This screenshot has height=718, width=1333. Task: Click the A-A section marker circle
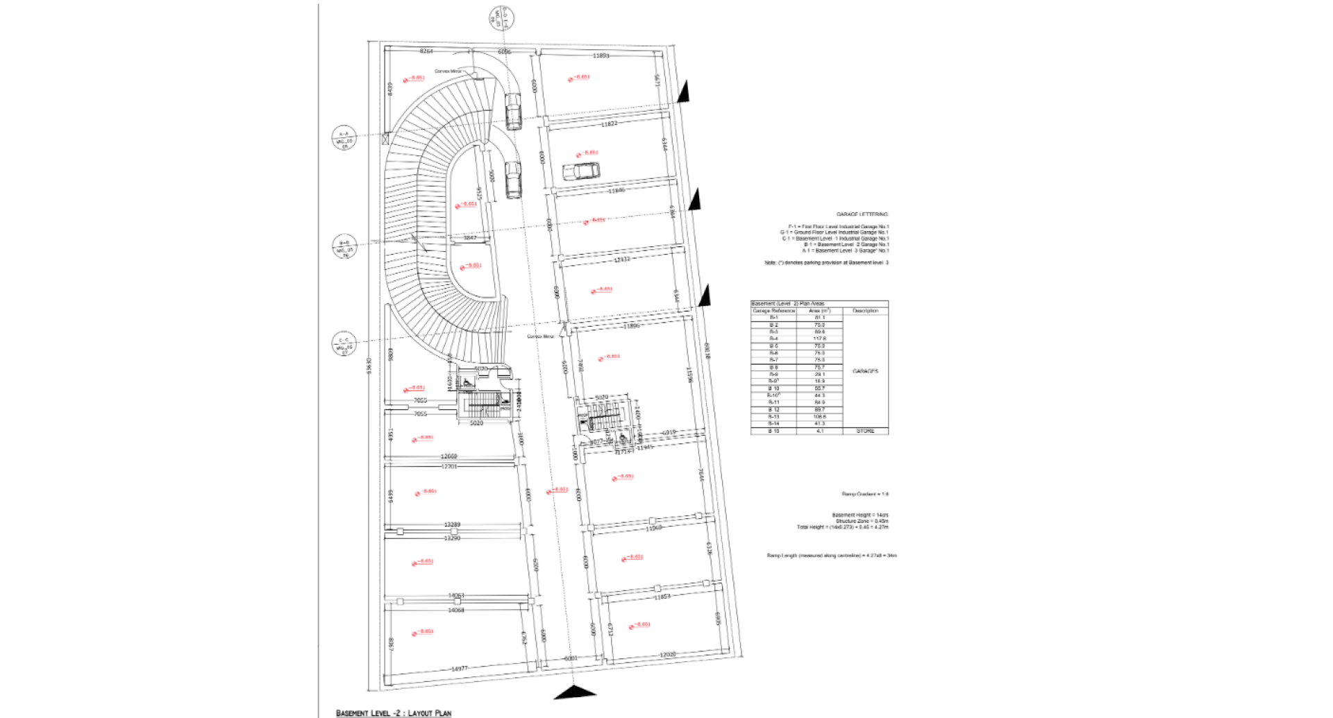344,138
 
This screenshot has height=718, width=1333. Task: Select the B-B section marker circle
344,247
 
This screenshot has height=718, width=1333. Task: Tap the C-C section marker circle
344,345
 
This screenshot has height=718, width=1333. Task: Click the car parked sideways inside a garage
581,170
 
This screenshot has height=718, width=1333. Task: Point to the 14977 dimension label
459,669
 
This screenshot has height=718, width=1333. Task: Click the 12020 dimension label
667,654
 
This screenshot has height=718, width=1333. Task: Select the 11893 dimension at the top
601,55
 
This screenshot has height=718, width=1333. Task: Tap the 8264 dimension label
426,51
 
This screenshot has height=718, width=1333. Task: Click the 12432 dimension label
622,259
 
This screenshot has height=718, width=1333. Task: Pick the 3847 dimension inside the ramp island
470,238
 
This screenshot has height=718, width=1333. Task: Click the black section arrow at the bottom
575,692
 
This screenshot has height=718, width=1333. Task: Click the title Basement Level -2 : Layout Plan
394,712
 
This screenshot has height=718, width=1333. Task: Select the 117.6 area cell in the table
819,339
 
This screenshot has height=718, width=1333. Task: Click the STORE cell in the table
865,431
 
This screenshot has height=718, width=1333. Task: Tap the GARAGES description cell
865,371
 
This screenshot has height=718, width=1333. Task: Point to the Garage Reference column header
773,311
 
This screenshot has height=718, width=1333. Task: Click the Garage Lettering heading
862,214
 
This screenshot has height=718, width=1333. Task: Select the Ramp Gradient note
865,494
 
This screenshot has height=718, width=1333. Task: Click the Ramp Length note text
832,555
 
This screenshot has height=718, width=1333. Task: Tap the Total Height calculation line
842,527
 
